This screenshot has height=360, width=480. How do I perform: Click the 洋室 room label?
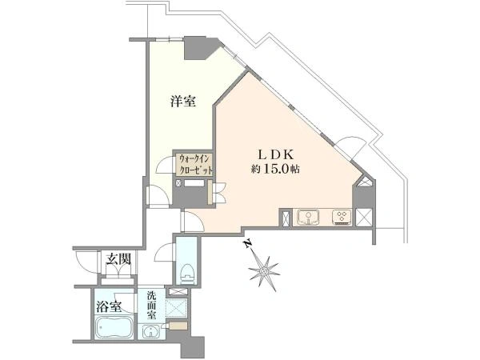pos(183,102)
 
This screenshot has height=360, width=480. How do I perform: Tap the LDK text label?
pos(276,154)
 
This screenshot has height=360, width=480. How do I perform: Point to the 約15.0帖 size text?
pos(275,170)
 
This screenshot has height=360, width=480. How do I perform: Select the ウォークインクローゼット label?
pos(195,165)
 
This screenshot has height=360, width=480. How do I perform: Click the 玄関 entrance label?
pos(118,259)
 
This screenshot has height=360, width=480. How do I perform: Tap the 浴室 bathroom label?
pos(109,306)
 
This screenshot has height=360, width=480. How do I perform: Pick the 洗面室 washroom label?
pos(151,306)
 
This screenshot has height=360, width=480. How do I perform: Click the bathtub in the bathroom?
pos(114,327)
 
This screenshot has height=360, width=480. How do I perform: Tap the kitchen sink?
pos(308,218)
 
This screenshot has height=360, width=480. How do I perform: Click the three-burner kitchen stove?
pos(342,218)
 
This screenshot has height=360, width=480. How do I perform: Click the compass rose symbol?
pos(264,271)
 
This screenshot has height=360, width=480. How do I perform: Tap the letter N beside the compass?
pos(248,243)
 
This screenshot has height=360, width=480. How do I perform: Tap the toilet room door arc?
pos(165,252)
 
